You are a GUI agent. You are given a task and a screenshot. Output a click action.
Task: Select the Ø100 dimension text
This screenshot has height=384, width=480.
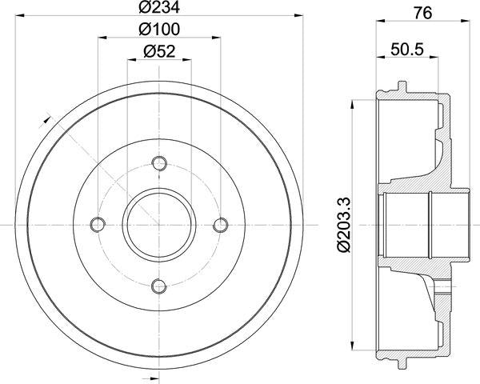pyautogui.click(x=160, y=30)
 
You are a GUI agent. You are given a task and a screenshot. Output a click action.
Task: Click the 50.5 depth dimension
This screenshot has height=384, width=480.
pyautogui.click(x=406, y=50)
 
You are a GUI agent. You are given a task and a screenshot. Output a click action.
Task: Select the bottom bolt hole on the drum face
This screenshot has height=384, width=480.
pyautogui.click(x=159, y=286)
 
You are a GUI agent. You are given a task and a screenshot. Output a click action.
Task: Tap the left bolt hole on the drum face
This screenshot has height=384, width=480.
pyautogui.click(x=98, y=224)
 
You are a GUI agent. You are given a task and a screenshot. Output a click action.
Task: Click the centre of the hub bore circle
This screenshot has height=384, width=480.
pyautogui.click(x=159, y=224)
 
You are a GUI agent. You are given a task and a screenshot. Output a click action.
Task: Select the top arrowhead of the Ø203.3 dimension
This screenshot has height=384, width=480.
pyautogui.click(x=353, y=103)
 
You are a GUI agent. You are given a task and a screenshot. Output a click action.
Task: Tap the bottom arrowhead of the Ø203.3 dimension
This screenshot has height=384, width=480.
pyautogui.click(x=353, y=346)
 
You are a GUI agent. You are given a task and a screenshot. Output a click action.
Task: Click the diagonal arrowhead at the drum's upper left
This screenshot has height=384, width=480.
pyautogui.click(x=42, y=122)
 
